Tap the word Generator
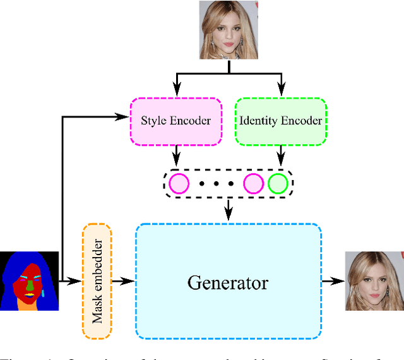point(227,282)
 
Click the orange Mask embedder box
point(97,281)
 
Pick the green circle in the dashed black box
point(278,184)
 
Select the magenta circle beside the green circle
point(254,184)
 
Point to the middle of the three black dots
point(216,184)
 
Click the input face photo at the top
point(221,30)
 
